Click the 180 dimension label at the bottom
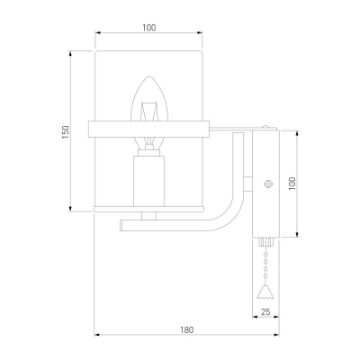point(187,329)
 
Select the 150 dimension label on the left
point(66,132)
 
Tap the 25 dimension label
point(265,312)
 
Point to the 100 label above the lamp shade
point(149,28)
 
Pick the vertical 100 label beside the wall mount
point(292,184)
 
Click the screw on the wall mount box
point(268,184)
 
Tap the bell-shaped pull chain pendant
point(265,292)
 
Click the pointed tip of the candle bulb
point(149,76)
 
